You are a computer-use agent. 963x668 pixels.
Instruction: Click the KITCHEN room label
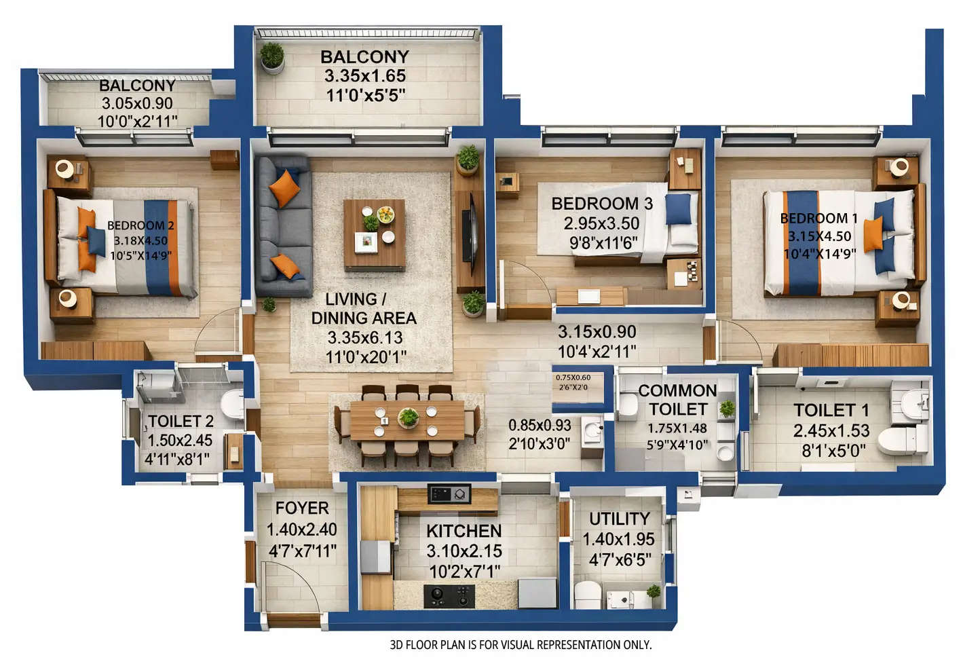point(464,531)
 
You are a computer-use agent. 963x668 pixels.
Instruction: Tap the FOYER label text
point(302,508)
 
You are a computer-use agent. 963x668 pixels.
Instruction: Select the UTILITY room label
point(619,519)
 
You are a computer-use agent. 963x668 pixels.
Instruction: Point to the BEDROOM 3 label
point(601,204)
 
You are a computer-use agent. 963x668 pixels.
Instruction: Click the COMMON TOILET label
point(677,400)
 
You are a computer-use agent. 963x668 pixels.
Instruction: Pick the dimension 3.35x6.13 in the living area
point(364,337)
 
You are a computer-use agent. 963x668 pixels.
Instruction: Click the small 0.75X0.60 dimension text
point(573,377)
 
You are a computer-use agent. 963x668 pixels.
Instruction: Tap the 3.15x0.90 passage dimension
point(597,332)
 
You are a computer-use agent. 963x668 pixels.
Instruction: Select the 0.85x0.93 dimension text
point(540,426)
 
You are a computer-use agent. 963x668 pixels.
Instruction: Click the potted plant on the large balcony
point(272,57)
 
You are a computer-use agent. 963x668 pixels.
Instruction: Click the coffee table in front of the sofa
point(374,234)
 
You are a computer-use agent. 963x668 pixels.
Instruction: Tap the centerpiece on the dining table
point(408,417)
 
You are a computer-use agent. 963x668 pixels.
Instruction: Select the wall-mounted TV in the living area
point(468,234)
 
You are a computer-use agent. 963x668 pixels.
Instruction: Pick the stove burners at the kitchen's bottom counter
point(449,596)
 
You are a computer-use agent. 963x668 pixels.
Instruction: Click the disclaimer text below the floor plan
point(521,645)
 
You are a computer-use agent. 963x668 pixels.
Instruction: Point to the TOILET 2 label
point(180,422)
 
